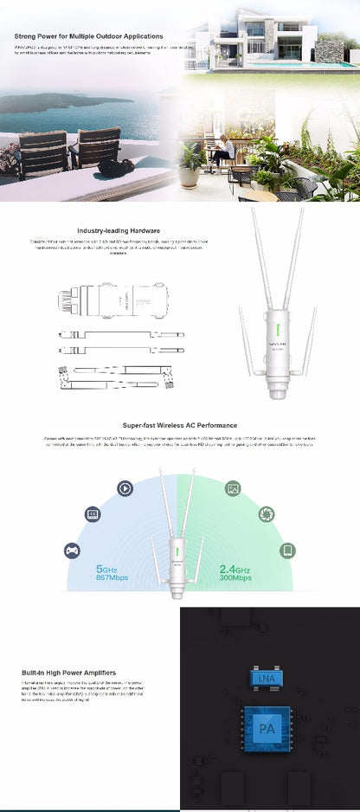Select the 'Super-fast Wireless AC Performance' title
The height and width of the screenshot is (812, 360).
pyautogui.click(x=179, y=426)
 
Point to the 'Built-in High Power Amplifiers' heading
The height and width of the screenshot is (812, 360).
pyautogui.click(x=68, y=672)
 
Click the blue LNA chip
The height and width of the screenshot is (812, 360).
pyautogui.click(x=267, y=680)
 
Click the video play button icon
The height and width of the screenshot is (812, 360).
pyautogui.click(x=125, y=488)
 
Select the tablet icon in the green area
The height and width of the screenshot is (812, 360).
pyautogui.click(x=286, y=550)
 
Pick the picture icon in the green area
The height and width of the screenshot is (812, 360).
pyautogui.click(x=233, y=488)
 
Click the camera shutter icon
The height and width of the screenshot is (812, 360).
pyautogui.click(x=266, y=514)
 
